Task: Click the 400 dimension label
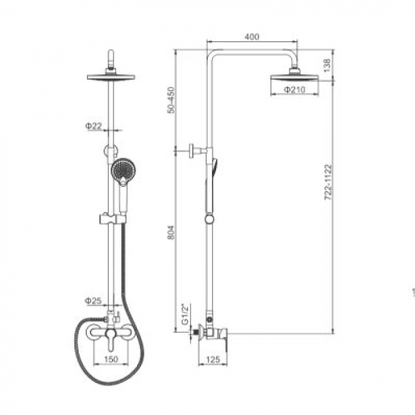[252, 37]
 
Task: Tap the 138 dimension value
[327, 66]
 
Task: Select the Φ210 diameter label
[295, 90]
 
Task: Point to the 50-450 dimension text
[171, 100]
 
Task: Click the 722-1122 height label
[328, 182]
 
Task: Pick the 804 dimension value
[171, 233]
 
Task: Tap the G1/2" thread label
[185, 314]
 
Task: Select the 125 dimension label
[213, 360]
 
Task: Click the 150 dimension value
[111, 360]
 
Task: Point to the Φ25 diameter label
[93, 301]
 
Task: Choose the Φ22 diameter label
[93, 126]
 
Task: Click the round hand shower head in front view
[123, 169]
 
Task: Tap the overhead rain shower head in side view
[295, 78]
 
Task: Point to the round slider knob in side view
[209, 220]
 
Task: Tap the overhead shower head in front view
[111, 77]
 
